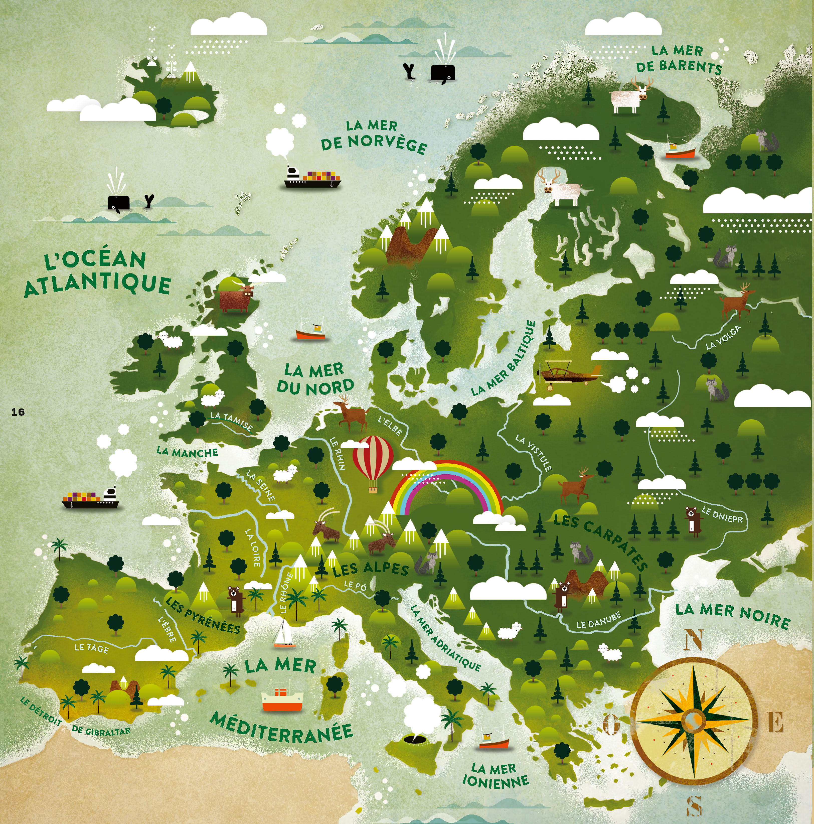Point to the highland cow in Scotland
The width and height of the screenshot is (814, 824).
point(235,297)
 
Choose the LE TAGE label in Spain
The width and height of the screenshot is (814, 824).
point(92,648)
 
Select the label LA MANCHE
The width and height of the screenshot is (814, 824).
point(187,452)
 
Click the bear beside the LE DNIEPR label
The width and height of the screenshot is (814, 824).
point(693,520)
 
